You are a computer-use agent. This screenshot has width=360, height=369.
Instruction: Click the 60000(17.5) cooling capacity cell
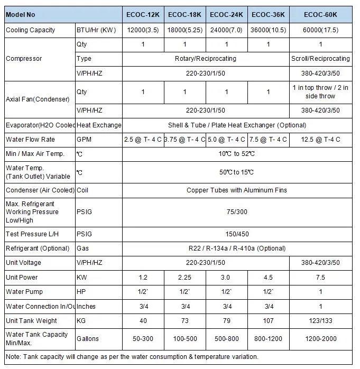tap(320, 30)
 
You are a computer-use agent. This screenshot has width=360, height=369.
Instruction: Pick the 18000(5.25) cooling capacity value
tap(184, 30)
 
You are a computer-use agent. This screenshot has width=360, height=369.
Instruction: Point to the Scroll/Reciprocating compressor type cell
tap(320, 59)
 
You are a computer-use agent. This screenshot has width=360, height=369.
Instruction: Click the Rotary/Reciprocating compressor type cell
tap(206, 59)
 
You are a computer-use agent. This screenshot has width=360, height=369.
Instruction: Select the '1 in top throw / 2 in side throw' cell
tap(320, 92)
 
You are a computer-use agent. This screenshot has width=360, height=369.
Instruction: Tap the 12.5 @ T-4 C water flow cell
tap(320, 140)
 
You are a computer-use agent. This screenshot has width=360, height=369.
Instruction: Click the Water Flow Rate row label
tap(30, 140)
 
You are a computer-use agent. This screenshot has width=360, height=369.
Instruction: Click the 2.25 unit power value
tap(184, 278)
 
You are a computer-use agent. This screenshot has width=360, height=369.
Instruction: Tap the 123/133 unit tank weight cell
tap(320, 321)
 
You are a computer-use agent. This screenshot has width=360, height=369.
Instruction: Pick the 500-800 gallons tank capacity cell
tap(226, 338)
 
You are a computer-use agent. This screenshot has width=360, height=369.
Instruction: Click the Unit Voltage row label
tap(23, 263)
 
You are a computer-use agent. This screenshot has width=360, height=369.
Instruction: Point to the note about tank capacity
tap(132, 357)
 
